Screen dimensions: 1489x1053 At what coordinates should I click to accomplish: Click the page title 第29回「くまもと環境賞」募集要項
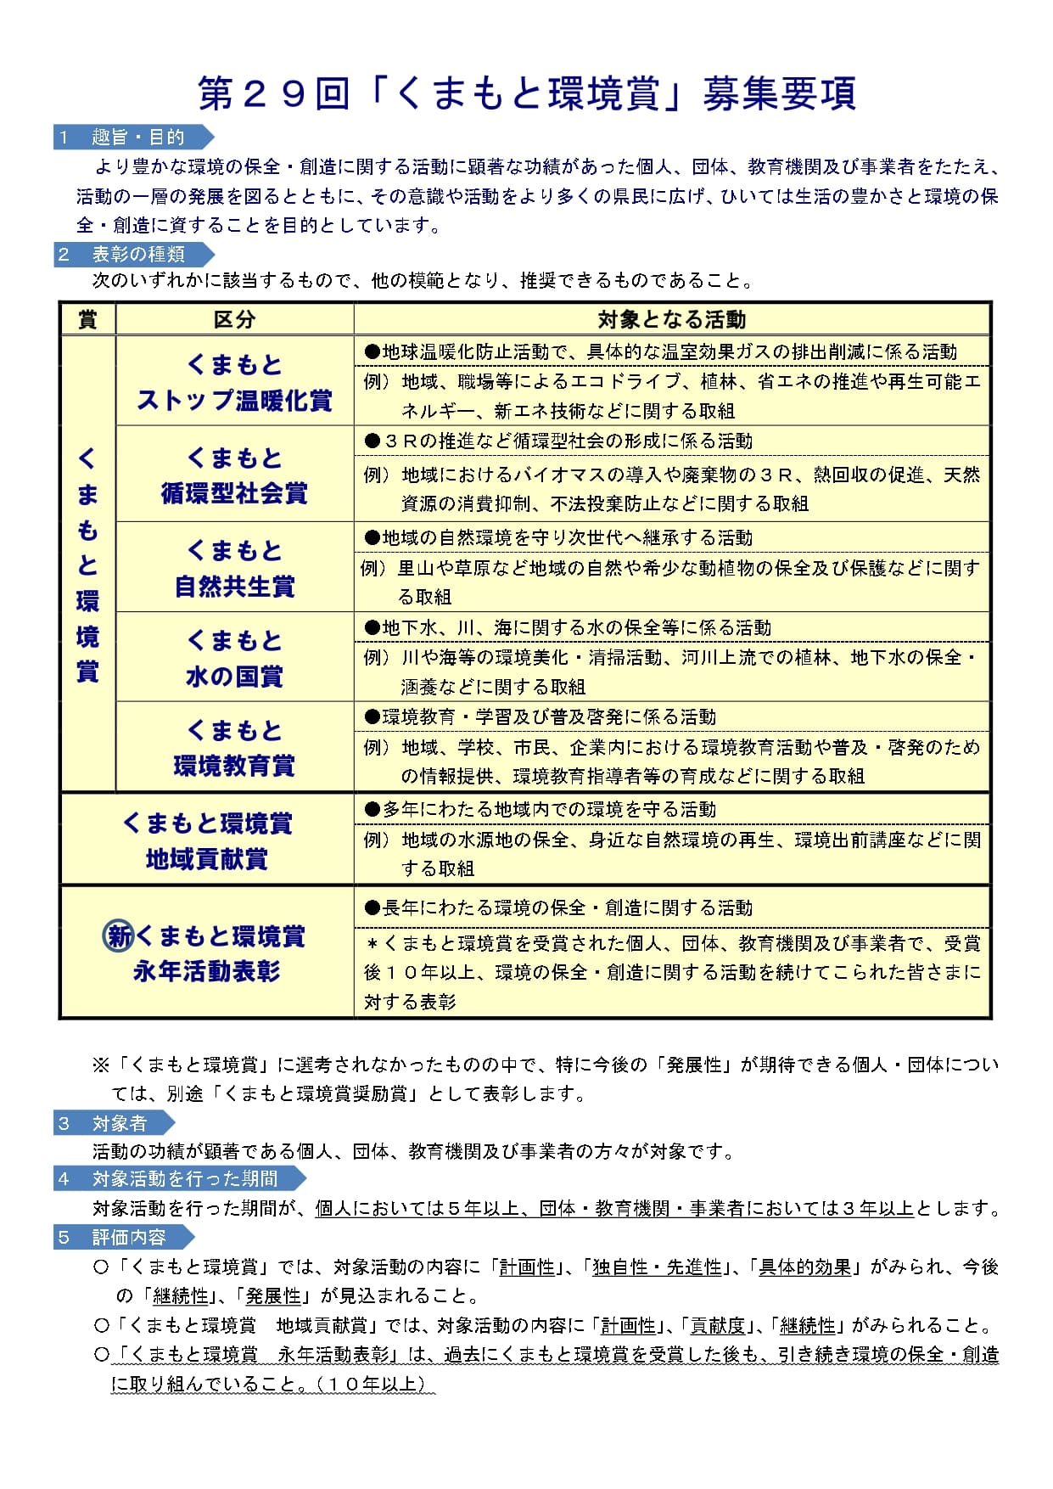[x=526, y=93]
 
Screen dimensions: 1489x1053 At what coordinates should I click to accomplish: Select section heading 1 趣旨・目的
[x=136, y=138]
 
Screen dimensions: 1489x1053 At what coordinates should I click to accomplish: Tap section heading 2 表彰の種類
[x=136, y=254]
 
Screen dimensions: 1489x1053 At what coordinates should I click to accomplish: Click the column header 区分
[x=234, y=320]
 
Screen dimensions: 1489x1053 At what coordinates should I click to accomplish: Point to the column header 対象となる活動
[x=671, y=320]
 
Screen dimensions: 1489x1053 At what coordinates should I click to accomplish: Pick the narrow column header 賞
[x=87, y=320]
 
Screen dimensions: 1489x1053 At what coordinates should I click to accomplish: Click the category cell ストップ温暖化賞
[x=234, y=400]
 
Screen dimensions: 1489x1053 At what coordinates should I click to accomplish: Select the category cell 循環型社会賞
[x=234, y=493]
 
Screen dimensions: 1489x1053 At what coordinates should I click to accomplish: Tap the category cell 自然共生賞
[x=234, y=586]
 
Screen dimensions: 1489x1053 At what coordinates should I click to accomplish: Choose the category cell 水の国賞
[x=234, y=677]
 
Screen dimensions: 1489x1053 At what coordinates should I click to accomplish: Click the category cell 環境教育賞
[x=234, y=766]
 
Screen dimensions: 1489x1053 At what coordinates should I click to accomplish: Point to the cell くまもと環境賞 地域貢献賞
[x=207, y=840]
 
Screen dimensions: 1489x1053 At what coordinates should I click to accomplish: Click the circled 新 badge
[x=118, y=936]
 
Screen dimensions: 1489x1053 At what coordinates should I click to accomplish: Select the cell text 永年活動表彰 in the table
[x=207, y=971]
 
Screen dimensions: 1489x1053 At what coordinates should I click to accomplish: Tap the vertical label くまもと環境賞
[x=87, y=565]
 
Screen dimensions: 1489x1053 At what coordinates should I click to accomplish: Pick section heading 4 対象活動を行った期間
[x=182, y=1178]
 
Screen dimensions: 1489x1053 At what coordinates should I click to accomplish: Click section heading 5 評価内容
[x=127, y=1237]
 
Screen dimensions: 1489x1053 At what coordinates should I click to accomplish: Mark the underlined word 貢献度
[x=718, y=1326]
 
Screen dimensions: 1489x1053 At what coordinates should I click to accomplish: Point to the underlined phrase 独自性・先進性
[x=657, y=1267]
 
